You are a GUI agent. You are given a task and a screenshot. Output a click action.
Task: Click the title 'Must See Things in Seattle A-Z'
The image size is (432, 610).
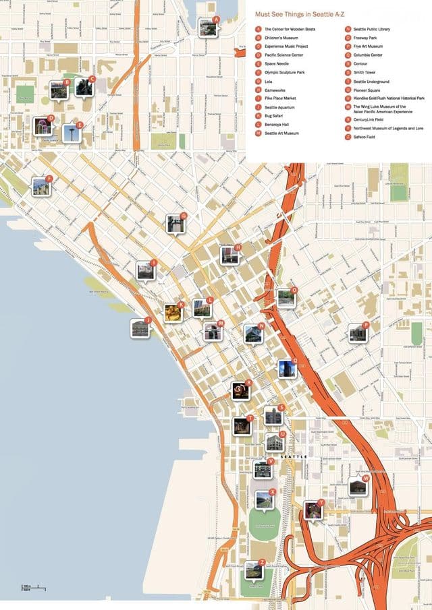(x=299, y=14)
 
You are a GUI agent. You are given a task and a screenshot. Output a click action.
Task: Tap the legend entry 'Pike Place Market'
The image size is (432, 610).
(x=279, y=98)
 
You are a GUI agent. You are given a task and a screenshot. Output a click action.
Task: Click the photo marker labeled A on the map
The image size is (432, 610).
(x=208, y=27)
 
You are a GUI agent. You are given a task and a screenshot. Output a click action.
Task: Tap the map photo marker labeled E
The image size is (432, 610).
(x=72, y=133)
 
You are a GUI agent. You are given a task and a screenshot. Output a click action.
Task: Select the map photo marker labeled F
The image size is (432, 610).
(x=41, y=187)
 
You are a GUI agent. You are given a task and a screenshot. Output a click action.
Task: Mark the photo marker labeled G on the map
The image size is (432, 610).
(x=175, y=224)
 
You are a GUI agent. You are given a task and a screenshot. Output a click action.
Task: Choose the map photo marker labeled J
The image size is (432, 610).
(x=140, y=328)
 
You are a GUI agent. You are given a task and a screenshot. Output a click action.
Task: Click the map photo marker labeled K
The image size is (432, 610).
(x=173, y=313)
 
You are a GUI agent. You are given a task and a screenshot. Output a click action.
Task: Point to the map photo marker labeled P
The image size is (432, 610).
(x=357, y=332)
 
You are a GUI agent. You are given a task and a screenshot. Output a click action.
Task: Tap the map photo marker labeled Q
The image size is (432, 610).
(x=287, y=369)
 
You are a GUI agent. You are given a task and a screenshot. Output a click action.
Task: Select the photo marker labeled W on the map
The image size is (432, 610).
(x=358, y=486)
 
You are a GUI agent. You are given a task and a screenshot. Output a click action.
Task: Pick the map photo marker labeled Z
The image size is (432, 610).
(x=254, y=570)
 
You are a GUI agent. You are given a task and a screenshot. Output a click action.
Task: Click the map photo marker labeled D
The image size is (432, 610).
(x=43, y=125)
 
